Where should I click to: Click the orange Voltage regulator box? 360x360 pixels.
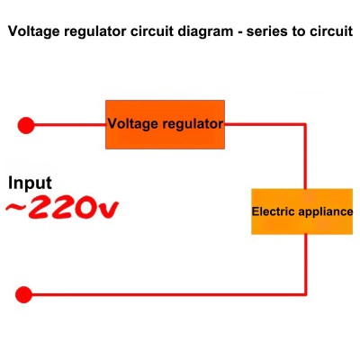tap(165, 124)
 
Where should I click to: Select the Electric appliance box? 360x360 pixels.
tap(301, 211)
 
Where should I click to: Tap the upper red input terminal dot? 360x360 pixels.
tap(26, 125)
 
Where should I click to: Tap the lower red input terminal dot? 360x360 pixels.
tap(23, 294)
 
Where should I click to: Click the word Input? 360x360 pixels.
tap(30, 183)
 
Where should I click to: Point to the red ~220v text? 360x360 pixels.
tap(62, 207)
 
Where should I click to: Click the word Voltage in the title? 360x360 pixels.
tap(33, 31)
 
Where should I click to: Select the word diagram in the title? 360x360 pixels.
tap(205, 31)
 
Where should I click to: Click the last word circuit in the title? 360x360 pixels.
tap(329, 31)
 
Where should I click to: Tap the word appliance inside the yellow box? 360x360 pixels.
tap(326, 212)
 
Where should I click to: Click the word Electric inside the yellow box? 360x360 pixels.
tap(274, 211)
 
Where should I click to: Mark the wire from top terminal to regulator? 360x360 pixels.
tap(69, 125)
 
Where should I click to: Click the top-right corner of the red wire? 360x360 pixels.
tap(305, 124)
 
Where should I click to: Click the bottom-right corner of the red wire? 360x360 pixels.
tap(305, 294)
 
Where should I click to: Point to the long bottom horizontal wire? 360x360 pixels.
tap(169, 294)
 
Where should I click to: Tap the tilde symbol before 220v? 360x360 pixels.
tap(16, 207)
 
